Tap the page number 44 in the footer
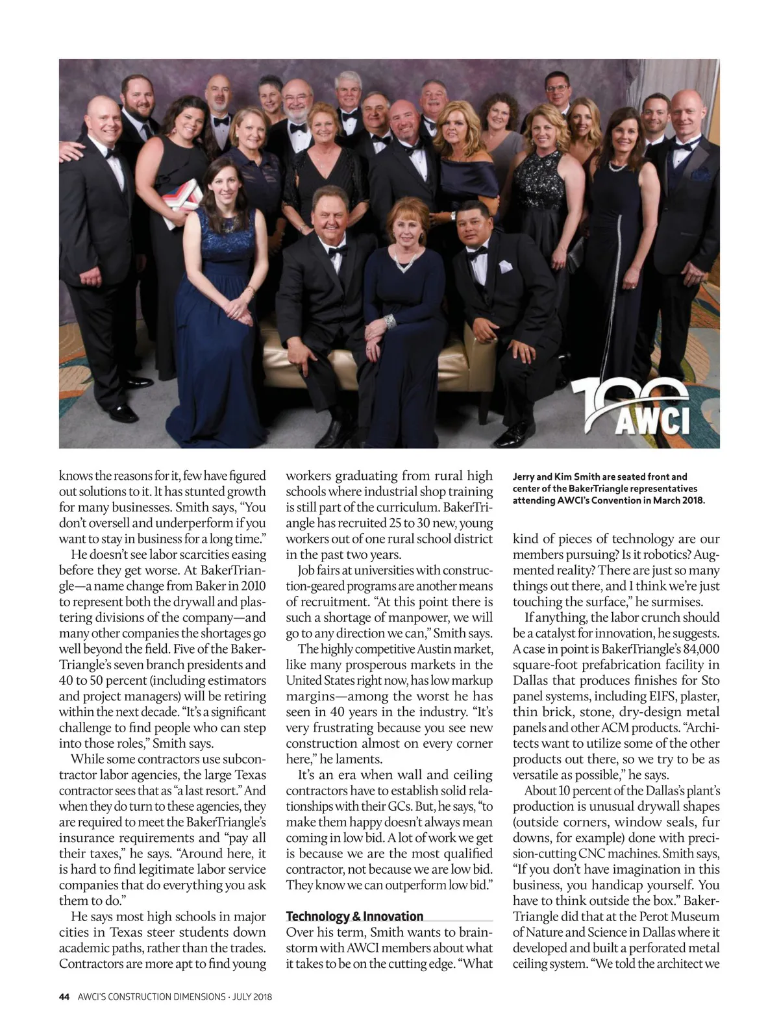point(64,996)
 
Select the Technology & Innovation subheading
point(354,916)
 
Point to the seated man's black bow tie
point(337,250)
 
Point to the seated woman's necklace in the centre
point(408,262)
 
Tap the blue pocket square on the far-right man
point(699,174)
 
